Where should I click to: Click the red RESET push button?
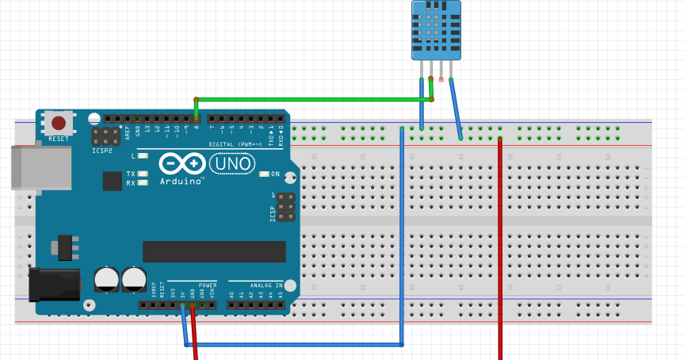pyautogui.click(x=59, y=123)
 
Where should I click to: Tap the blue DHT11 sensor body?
pyautogui.click(x=435, y=30)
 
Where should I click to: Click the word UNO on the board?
pyautogui.click(x=232, y=163)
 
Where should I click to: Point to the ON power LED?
pyautogui.click(x=265, y=174)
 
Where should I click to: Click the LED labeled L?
pyautogui.click(x=143, y=156)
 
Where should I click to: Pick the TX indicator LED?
pyautogui.click(x=143, y=174)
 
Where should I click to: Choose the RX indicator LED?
pyautogui.click(x=143, y=183)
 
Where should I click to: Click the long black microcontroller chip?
pyautogui.click(x=214, y=251)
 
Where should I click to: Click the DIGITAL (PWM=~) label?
pyautogui.click(x=238, y=144)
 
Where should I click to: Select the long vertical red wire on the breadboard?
pyautogui.click(x=500, y=254)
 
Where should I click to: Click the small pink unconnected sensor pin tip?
pyautogui.click(x=441, y=79)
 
